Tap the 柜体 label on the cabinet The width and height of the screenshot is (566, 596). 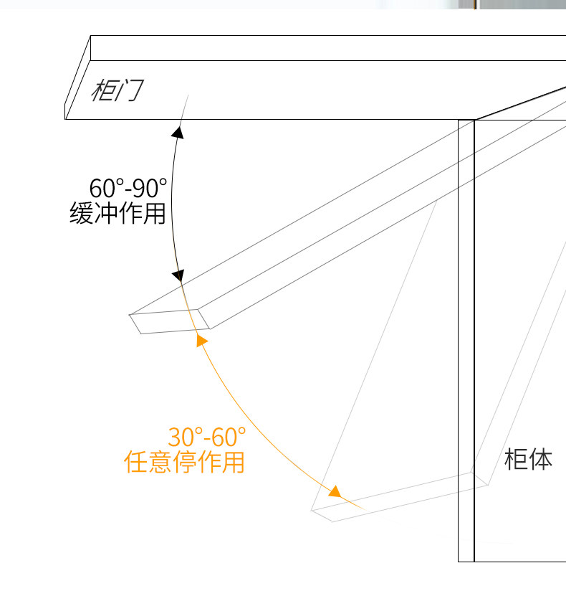pyautogui.click(x=529, y=459)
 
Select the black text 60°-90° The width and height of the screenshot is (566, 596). pyautogui.click(x=128, y=189)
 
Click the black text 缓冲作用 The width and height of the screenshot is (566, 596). pyautogui.click(x=118, y=214)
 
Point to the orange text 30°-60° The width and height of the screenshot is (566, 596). pyautogui.click(x=206, y=437)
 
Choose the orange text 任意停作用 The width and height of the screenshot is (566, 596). pyautogui.click(x=184, y=463)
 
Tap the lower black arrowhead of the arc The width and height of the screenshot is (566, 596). pyautogui.click(x=179, y=275)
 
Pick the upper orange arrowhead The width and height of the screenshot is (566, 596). pyautogui.click(x=201, y=340)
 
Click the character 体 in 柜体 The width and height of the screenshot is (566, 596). pyautogui.click(x=541, y=459)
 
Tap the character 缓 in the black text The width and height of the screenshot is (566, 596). pyautogui.click(x=82, y=214)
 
